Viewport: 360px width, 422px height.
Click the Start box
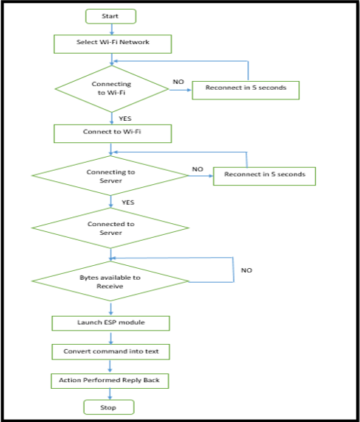111,16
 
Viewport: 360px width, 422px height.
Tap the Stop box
109,407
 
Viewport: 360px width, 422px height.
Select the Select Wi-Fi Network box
113,44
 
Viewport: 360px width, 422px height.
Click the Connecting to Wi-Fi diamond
112,89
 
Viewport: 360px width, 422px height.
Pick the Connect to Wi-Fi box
113,133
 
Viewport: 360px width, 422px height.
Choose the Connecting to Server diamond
110,176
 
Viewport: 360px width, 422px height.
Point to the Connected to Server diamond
110,228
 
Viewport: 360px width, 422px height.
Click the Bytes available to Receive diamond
110,281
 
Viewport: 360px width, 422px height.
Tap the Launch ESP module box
110,323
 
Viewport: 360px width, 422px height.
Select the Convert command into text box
110,352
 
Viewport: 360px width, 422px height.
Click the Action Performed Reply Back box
110,381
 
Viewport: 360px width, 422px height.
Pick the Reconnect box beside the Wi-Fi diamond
246,90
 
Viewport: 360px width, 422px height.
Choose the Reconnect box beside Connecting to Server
264,176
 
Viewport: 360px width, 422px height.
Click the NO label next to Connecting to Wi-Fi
178,82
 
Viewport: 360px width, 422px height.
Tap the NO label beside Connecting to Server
197,169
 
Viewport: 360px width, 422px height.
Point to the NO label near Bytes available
247,270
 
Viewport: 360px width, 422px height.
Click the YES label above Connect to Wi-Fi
125,119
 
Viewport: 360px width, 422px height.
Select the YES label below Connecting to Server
128,203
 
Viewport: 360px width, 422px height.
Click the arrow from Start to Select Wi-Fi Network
112,29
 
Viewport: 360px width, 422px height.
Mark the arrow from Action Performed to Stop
110,394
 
